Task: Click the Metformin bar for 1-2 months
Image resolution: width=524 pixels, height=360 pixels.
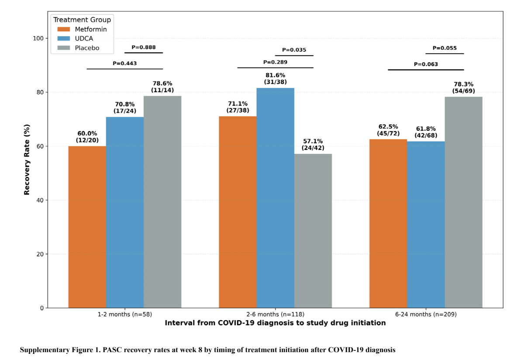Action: click(87, 227)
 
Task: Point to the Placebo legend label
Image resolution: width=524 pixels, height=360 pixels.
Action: click(87, 48)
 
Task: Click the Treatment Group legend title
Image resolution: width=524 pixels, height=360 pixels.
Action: click(82, 20)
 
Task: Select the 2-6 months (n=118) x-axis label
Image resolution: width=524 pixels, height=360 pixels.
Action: click(275, 314)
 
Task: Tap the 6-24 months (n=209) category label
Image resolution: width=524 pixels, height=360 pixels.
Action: click(426, 314)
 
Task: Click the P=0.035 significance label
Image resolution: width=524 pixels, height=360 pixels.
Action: click(294, 50)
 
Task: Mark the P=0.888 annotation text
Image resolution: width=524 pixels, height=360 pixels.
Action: click(143, 47)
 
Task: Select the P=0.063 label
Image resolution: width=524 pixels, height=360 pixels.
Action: click(426, 64)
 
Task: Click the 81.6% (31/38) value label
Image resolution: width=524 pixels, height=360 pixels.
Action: click(275, 79)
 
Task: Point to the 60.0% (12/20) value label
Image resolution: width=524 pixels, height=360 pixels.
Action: click(87, 137)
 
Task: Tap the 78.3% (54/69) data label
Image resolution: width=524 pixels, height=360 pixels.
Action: click(463, 87)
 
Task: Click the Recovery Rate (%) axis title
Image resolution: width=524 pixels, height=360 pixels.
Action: click(27, 159)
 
